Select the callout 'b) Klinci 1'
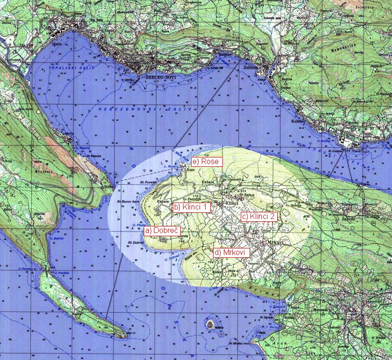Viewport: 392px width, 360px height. coord(192,206)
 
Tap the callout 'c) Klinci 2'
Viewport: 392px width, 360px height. coord(259,217)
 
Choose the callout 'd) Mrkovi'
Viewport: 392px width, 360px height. coord(231,252)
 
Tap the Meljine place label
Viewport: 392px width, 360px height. coord(227,54)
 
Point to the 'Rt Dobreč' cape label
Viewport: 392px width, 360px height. coord(136,242)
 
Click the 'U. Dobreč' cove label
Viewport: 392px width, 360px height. coord(171,257)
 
